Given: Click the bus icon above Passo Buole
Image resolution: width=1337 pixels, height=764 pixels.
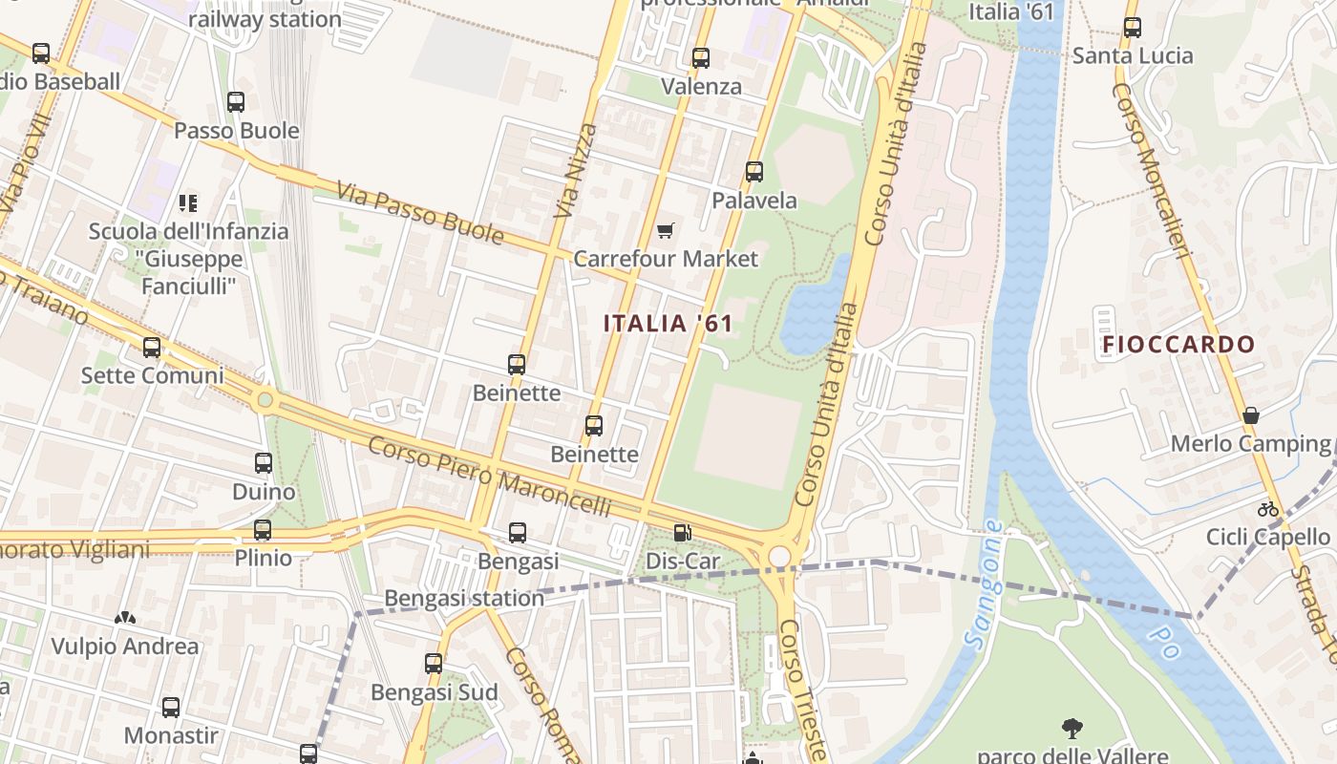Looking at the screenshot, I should click(x=236, y=101).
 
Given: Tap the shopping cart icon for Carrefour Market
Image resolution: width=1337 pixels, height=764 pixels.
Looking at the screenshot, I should click(x=666, y=230).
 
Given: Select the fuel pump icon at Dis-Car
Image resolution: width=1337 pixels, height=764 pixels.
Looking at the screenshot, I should click(x=682, y=533).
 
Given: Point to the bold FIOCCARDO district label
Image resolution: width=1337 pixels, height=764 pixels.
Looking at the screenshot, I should click(x=1178, y=345).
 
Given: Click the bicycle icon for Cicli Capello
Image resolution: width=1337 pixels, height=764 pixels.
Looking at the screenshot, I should click(x=1267, y=509).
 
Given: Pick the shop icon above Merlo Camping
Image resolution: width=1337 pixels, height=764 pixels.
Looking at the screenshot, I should click(x=1250, y=415).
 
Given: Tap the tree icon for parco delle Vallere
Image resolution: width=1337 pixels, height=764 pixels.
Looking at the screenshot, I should click(x=1072, y=729).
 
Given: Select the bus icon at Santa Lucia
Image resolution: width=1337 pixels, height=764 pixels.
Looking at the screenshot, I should click(x=1133, y=28).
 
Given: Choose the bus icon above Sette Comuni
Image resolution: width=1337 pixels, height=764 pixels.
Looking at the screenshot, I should click(x=152, y=348).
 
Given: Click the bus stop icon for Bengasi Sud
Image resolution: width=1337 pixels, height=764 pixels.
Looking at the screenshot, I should click(x=434, y=664).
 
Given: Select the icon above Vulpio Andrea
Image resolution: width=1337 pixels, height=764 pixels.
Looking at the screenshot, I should click(x=125, y=618).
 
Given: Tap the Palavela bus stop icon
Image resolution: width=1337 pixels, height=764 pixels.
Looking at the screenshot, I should click(x=754, y=172).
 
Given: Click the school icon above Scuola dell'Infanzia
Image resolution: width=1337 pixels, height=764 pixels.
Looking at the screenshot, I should click(x=188, y=202).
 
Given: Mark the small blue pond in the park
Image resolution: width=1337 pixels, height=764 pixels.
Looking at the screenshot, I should click(x=815, y=306).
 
